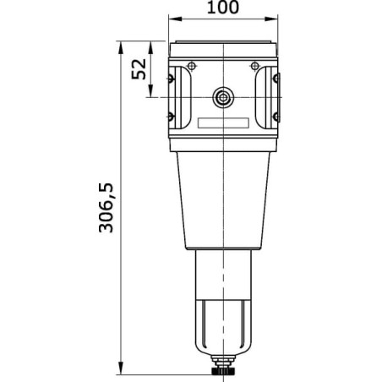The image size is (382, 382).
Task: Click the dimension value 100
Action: pos(223,7)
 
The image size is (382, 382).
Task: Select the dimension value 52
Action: pos(139,69)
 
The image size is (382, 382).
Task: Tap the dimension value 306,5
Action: pos(106,208)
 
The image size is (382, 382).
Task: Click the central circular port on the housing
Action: pos(223,98)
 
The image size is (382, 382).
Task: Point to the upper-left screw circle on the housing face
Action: pos(192,67)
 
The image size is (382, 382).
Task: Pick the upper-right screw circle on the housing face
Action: pos(254,67)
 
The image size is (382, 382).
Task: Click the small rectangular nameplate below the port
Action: pos(223,123)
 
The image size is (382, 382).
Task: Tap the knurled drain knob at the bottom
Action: pos(223,369)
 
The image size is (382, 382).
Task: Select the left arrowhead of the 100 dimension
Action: pos(175,19)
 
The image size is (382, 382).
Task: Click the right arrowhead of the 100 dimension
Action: pos(271,19)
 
